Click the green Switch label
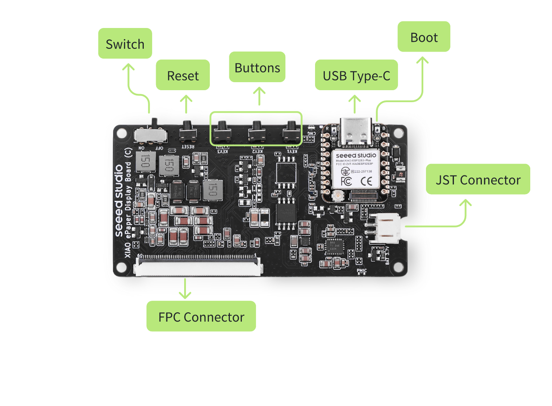(125, 44)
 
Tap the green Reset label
(183, 75)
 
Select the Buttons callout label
(257, 67)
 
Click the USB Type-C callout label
(356, 75)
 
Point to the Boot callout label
(424, 37)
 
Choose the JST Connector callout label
(478, 179)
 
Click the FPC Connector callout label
(201, 316)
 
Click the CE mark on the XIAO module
(367, 181)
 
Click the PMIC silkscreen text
(362, 270)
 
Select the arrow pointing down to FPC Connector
(185, 288)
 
